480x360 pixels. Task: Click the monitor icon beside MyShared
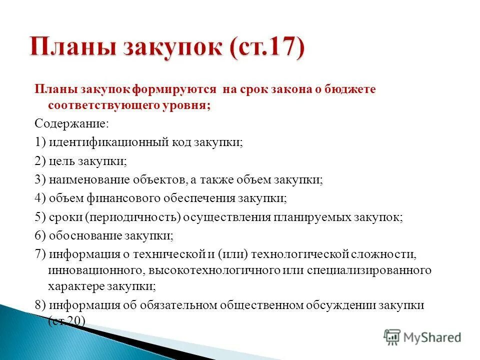(392, 337)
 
